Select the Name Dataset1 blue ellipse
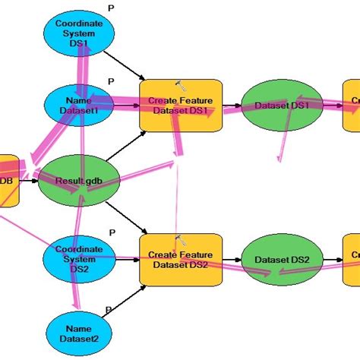[x=79, y=106]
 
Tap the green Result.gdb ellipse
[x=78, y=181]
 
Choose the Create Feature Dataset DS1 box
[x=181, y=106]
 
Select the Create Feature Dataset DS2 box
[x=181, y=260]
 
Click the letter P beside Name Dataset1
[x=112, y=81]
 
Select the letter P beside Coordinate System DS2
[x=112, y=232]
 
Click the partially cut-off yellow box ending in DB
[x=8, y=181]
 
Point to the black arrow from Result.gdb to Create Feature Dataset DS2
[x=125, y=216]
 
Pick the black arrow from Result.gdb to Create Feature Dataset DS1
[x=125, y=144]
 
